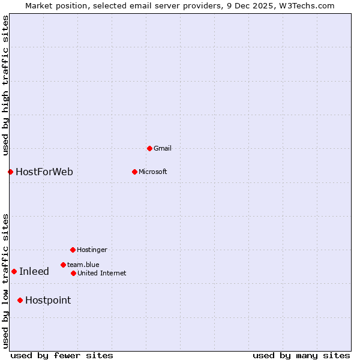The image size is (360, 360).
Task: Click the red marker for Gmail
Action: click(149, 148)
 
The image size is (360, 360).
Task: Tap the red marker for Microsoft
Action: click(134, 172)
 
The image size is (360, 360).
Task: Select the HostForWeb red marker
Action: click(10, 172)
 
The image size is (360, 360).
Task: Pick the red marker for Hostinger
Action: click(73, 250)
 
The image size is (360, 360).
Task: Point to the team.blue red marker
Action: click(63, 265)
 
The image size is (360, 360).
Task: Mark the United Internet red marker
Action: click(73, 273)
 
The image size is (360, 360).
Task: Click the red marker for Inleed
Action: click(14, 271)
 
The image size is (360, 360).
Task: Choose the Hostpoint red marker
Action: click(20, 300)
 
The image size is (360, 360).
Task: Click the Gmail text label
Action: click(163, 148)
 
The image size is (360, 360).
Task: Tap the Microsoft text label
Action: click(153, 172)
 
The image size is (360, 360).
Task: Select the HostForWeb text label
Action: click(44, 172)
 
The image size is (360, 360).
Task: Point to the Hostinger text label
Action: click(92, 250)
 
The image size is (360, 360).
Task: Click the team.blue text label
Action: click(83, 265)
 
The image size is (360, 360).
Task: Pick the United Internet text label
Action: click(102, 273)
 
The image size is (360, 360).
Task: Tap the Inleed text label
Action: click(34, 272)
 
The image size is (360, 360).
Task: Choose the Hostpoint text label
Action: click(48, 301)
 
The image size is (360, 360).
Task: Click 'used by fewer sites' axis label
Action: click(62, 355)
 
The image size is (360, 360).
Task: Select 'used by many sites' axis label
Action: click(301, 355)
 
